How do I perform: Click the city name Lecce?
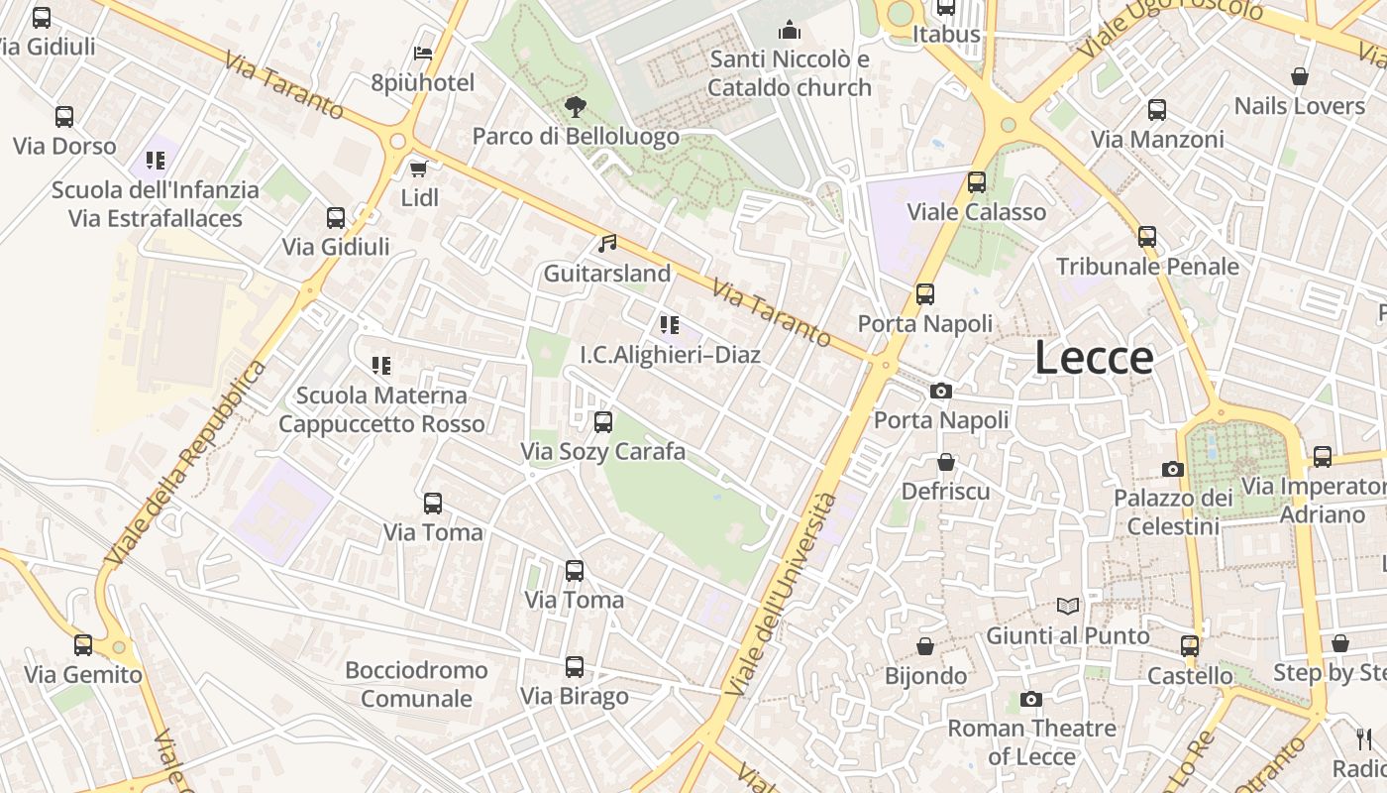click(x=1094, y=358)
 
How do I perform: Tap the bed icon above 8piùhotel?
click(x=423, y=54)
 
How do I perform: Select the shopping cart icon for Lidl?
click(x=419, y=169)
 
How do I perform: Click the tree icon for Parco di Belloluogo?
click(x=575, y=106)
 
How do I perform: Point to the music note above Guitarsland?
click(x=607, y=243)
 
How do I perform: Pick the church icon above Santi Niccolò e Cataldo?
click(x=790, y=30)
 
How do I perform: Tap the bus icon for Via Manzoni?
click(x=1156, y=110)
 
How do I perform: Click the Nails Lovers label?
click(x=1299, y=106)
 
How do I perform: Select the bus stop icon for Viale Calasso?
click(x=977, y=182)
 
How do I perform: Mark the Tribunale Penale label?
click(x=1147, y=267)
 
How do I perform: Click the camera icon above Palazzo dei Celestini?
click(x=1173, y=469)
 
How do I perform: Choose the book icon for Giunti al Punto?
click(x=1067, y=606)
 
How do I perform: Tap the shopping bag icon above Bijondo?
click(x=925, y=646)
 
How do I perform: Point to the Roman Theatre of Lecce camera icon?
click(x=1031, y=700)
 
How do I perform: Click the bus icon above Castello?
click(x=1190, y=646)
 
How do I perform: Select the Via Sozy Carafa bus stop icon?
click(x=602, y=422)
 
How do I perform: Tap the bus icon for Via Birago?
click(x=575, y=667)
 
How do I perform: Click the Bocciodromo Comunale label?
click(x=416, y=684)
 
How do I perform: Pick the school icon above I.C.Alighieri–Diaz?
click(x=670, y=324)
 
